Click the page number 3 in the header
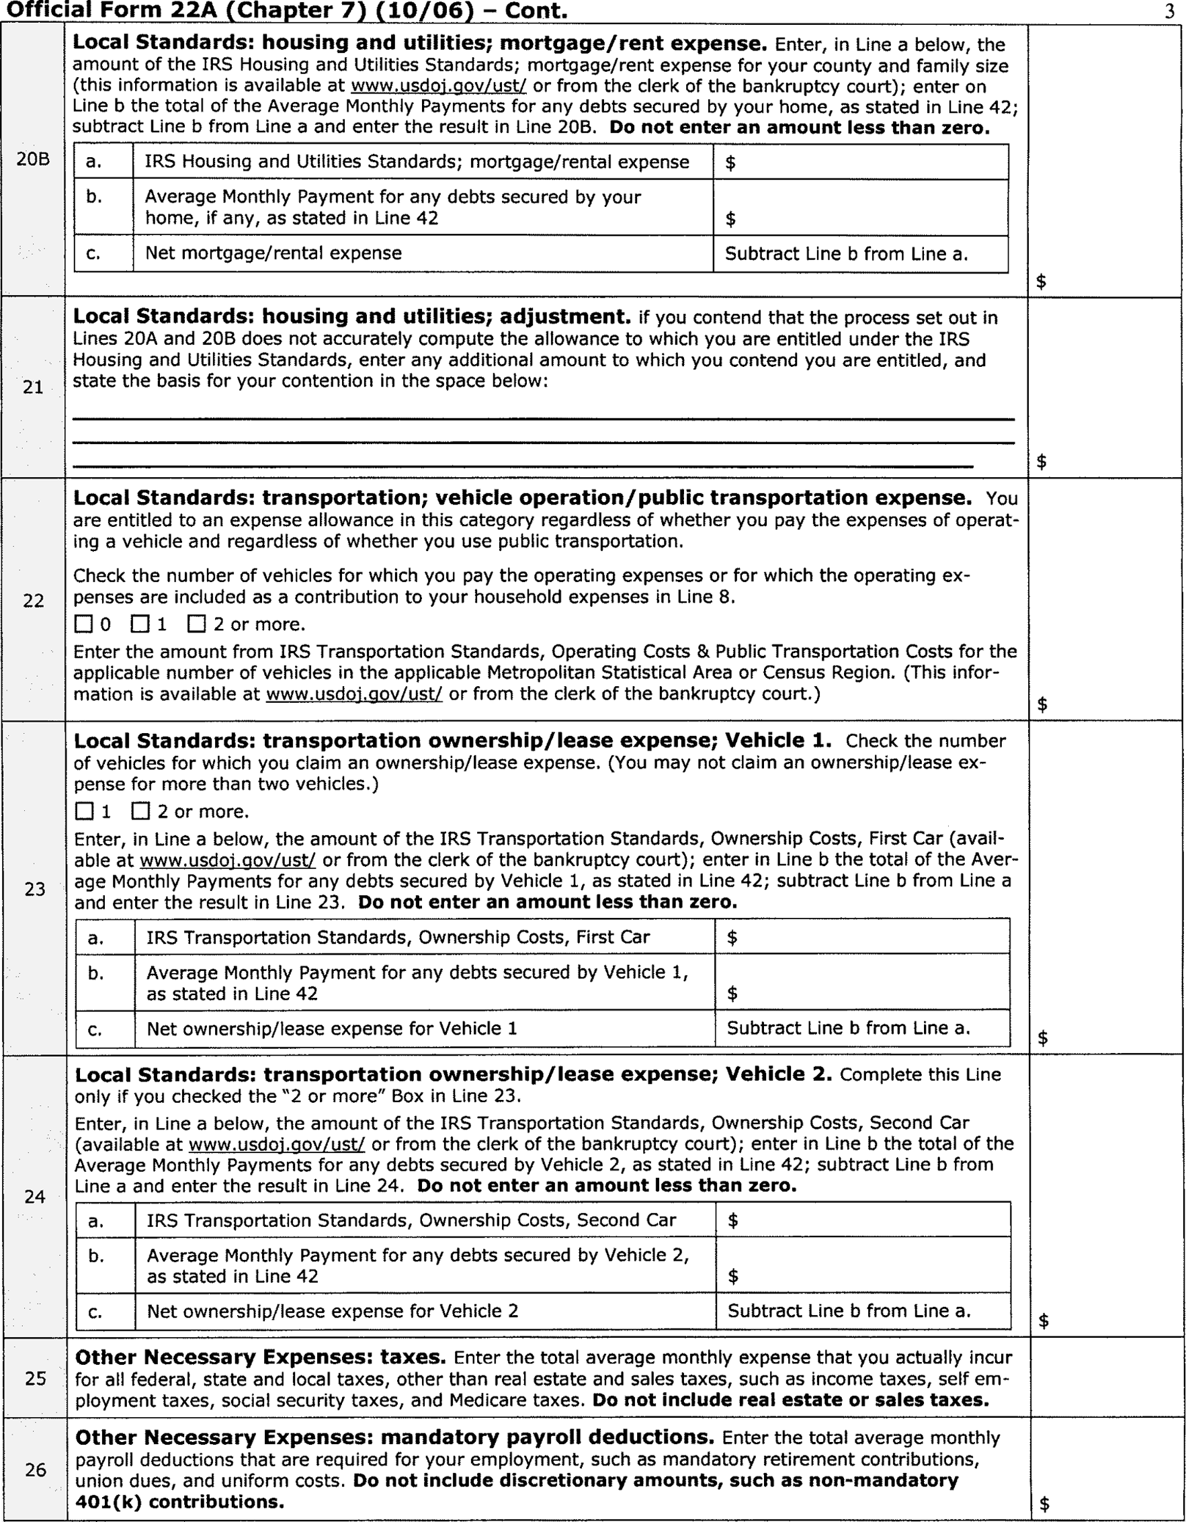point(1169,13)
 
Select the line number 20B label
point(34,159)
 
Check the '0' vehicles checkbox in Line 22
point(83,624)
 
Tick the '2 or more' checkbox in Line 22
point(197,624)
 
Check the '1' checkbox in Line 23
point(84,811)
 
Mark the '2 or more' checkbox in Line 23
point(140,811)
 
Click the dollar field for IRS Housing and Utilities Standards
point(861,163)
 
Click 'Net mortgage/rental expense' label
point(273,253)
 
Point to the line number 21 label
point(34,388)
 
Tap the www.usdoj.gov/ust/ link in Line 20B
point(438,87)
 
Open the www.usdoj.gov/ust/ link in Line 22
point(354,695)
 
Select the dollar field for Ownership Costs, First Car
point(862,937)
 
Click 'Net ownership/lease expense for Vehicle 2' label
point(333,1311)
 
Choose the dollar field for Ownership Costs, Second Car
point(863,1220)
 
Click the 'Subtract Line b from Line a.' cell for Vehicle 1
point(848,1028)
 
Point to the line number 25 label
point(36,1378)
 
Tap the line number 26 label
point(36,1470)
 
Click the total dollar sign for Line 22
point(1042,704)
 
